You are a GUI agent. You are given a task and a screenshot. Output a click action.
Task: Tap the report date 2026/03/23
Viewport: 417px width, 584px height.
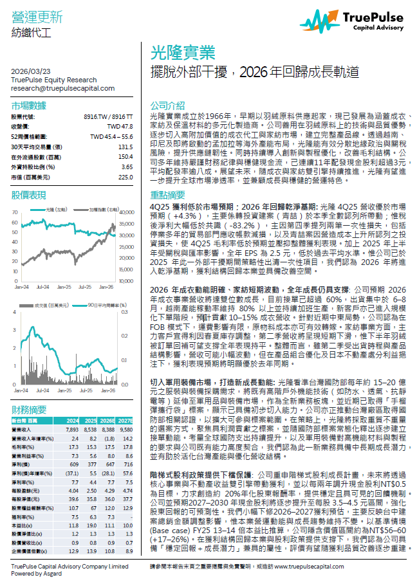pos(30,71)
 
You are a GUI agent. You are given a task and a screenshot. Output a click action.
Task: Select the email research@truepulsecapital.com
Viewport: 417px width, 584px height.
pos(54,87)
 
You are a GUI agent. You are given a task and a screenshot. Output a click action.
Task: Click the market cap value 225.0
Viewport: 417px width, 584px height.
pos(125,177)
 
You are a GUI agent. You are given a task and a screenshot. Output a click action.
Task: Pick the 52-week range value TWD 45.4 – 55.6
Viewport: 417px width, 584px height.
pos(111,136)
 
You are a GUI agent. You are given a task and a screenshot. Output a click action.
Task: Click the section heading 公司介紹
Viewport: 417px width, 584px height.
pos(167,105)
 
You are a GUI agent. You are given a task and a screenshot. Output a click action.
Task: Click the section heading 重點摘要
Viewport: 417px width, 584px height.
pos(167,194)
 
